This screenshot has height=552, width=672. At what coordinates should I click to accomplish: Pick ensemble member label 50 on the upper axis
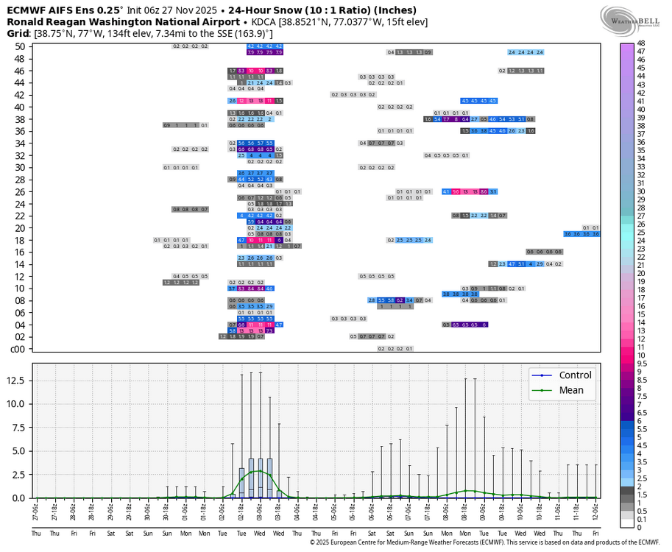[x=20, y=46]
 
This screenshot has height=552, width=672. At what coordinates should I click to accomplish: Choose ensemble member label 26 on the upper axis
[x=20, y=191]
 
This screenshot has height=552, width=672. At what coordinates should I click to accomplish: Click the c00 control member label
[x=19, y=349]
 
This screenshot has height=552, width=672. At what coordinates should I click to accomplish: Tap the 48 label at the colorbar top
[x=641, y=43]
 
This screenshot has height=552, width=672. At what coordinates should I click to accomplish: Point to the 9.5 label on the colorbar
[x=642, y=363]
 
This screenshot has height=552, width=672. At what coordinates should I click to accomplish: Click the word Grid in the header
[x=18, y=34]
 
